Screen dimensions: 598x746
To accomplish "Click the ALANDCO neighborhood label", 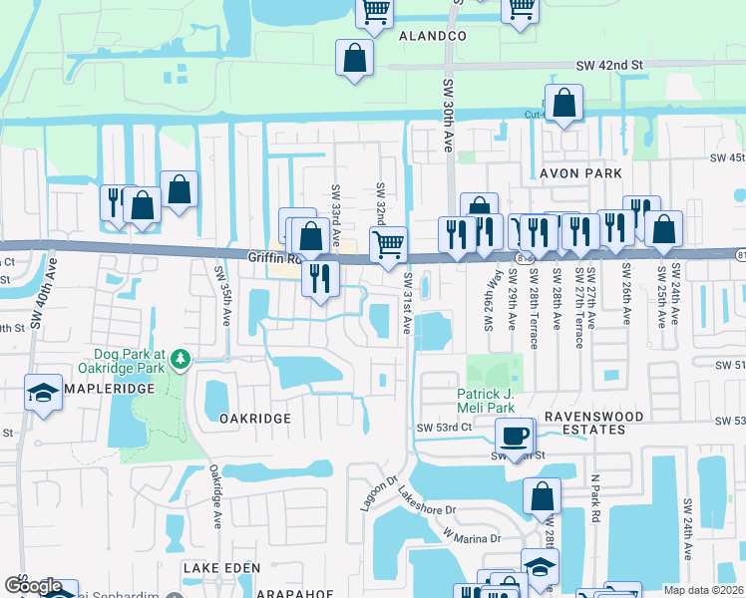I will (433, 36).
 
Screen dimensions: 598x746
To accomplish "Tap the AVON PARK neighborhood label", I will (580, 173).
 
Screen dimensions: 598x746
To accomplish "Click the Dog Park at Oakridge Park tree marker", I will (180, 357).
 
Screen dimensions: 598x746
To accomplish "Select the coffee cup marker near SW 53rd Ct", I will (515, 435).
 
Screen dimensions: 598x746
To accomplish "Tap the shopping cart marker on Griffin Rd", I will (388, 242).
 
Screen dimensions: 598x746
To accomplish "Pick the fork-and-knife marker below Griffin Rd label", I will (319, 276).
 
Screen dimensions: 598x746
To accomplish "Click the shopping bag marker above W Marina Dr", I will (542, 495).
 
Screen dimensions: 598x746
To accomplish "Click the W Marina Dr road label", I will (475, 539).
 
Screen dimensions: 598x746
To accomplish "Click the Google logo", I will (33, 586).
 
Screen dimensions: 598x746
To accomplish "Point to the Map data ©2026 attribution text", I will (704, 590).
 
